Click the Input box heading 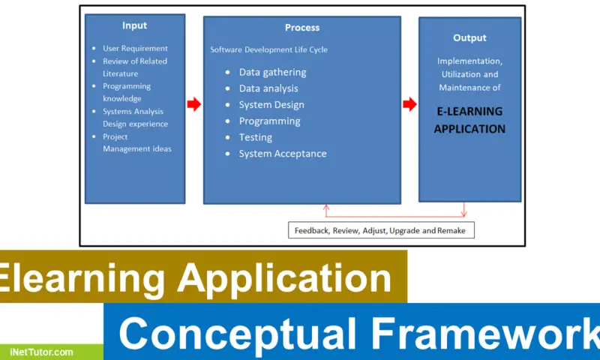pos(135,25)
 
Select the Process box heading pos(301,28)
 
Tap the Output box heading pos(469,37)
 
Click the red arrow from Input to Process pos(194,104)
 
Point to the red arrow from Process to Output pos(409,104)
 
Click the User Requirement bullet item pos(135,49)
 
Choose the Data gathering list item pos(272,72)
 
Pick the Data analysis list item pos(268,88)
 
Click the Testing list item pos(255,137)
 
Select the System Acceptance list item pos(282,154)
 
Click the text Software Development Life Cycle pos(268,49)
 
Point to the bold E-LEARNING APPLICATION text pos(469,120)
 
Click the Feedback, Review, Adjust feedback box pos(381,230)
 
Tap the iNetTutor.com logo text pos(42,352)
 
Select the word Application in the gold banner pos(284,278)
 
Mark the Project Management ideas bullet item pos(136,142)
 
